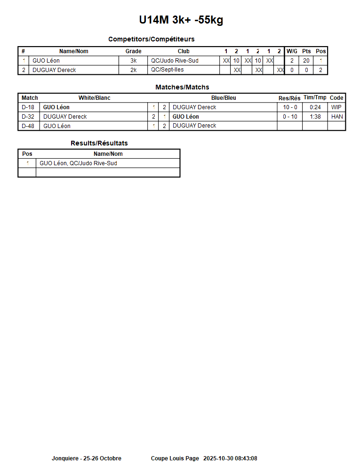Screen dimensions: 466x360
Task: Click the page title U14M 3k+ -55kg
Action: click(181, 20)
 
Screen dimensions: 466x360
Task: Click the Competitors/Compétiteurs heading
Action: click(151, 39)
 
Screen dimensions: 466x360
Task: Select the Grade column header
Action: click(133, 51)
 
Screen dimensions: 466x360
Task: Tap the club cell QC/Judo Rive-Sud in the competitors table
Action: click(175, 61)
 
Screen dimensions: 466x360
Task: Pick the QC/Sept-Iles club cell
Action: click(167, 70)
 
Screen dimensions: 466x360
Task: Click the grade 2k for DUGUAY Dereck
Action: click(133, 70)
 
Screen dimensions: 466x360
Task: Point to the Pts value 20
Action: click(306, 61)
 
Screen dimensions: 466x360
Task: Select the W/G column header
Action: click(292, 51)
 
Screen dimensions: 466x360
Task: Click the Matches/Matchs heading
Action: click(182, 87)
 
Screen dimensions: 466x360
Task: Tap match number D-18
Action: click(28, 107)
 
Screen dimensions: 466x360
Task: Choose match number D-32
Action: click(28, 117)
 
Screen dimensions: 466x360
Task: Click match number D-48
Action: click(28, 126)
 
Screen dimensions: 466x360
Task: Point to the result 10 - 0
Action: click(290, 107)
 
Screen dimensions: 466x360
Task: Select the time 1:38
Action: click(315, 117)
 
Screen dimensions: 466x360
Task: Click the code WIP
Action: click(336, 107)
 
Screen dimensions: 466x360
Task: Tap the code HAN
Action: click(337, 117)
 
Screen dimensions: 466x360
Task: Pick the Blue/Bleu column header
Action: click(224, 98)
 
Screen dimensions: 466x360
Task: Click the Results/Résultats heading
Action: click(99, 143)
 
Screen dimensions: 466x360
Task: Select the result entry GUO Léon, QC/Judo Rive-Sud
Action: click(78, 163)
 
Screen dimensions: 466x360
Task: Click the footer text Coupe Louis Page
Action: click(175, 458)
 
